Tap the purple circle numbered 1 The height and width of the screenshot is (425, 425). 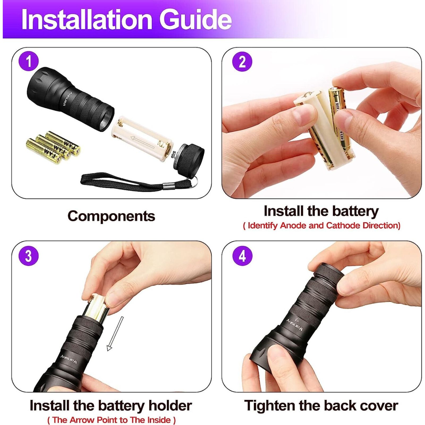click(28, 62)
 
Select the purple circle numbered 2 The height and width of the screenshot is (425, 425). click(242, 62)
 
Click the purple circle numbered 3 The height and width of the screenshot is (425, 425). click(28, 256)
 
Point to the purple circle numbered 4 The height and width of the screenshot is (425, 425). click(242, 256)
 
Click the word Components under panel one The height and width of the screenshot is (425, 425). click(111, 216)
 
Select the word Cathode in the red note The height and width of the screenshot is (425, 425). click(343, 226)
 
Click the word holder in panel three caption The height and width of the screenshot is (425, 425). click(170, 406)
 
